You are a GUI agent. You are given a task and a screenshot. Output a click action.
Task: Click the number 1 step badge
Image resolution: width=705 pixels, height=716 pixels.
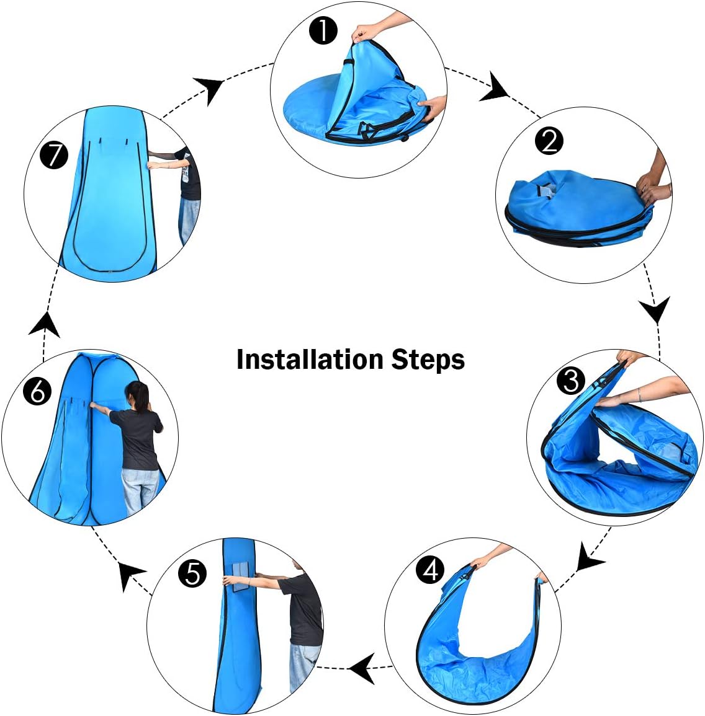pyautogui.click(x=323, y=31)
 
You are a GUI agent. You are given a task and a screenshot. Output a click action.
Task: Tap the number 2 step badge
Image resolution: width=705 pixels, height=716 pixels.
pyautogui.click(x=549, y=141)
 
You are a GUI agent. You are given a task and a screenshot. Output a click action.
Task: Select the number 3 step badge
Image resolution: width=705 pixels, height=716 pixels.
pyautogui.click(x=571, y=381)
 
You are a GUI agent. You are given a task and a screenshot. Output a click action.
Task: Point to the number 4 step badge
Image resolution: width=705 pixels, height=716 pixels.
pyautogui.click(x=430, y=570)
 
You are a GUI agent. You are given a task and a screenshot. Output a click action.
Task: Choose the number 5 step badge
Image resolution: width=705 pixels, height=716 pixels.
pyautogui.click(x=192, y=573)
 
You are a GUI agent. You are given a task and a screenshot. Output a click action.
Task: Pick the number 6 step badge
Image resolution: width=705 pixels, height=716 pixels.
pyautogui.click(x=37, y=391)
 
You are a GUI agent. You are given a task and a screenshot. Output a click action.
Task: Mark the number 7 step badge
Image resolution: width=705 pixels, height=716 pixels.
pyautogui.click(x=54, y=155)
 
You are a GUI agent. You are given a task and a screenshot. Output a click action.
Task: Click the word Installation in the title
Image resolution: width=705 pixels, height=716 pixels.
pyautogui.click(x=310, y=359)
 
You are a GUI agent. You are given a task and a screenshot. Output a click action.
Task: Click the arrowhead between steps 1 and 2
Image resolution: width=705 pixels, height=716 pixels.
pyautogui.click(x=495, y=87)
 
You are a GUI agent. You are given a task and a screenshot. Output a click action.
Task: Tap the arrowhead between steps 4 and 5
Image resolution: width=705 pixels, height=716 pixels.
pyautogui.click(x=364, y=668)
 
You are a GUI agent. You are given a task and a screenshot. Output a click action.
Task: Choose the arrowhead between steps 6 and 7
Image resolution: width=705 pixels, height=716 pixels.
pyautogui.click(x=45, y=325)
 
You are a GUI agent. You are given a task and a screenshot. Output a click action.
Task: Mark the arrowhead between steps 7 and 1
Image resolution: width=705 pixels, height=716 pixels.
pyautogui.click(x=209, y=89)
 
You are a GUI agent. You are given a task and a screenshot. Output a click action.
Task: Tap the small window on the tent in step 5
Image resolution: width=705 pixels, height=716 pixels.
pyautogui.click(x=241, y=578)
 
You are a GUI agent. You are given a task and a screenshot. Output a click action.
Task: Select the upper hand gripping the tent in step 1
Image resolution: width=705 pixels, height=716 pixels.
pyautogui.click(x=366, y=32)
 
